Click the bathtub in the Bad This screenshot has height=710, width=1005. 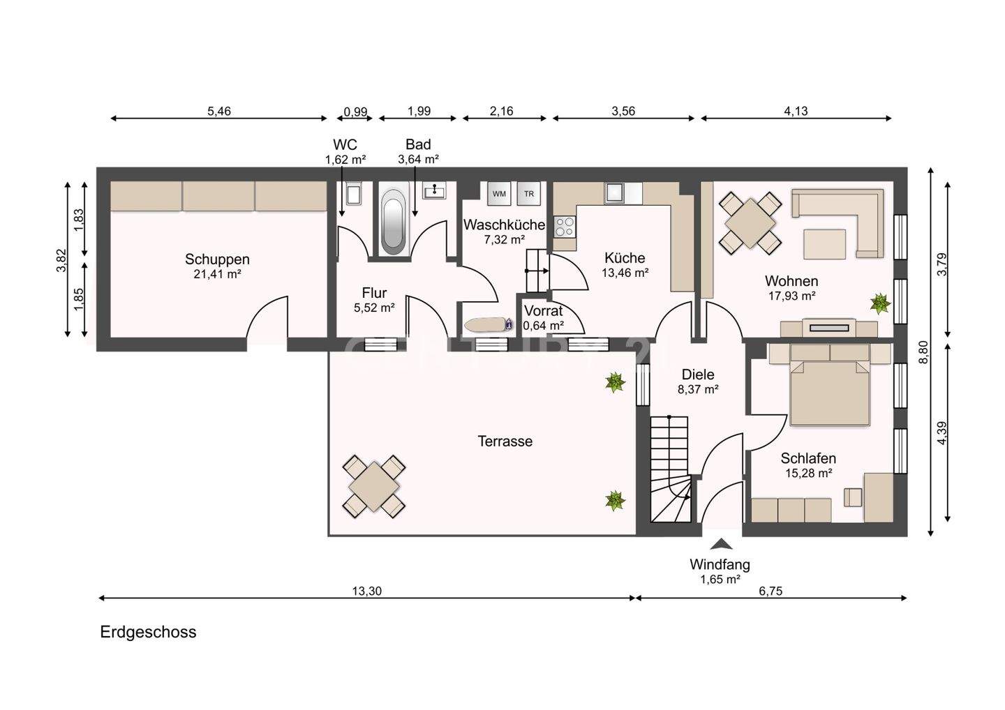coord(394,222)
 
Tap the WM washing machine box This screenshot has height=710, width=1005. coord(499,193)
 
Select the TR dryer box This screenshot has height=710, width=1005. coord(528,193)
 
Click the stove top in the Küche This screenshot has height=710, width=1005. coord(565,227)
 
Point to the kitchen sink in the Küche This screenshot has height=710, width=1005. coord(613,192)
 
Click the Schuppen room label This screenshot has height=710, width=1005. coord(217,259)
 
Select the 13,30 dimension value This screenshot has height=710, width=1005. coord(366,591)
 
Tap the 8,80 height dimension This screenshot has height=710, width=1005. coord(923,352)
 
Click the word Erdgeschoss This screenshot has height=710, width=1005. coord(148,632)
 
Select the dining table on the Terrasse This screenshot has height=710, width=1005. coord(374,487)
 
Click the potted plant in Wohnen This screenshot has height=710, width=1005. coord(880,303)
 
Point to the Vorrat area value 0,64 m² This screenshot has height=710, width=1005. coord(543,326)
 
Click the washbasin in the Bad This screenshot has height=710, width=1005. coord(434,190)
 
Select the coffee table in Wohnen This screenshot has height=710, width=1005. coord(825,244)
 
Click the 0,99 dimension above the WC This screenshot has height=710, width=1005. coord(355,111)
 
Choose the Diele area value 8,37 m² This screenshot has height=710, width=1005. coord(698,389)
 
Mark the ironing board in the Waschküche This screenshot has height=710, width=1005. coord(489,324)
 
